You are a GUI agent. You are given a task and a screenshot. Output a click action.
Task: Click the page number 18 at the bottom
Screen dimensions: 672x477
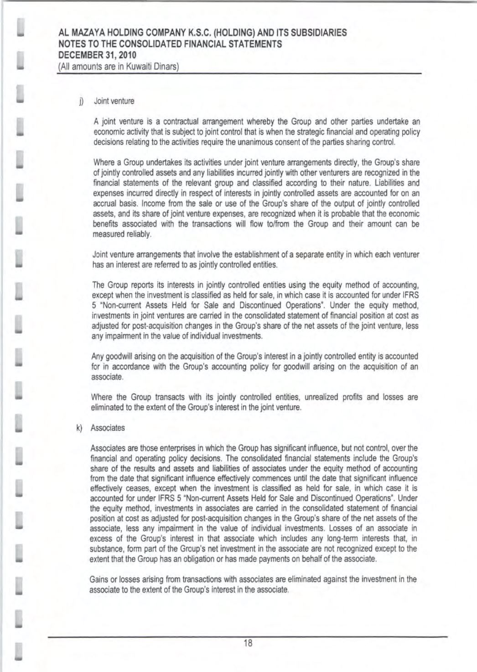click(248, 644)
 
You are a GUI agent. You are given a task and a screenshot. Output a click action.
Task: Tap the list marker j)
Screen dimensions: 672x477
click(80, 101)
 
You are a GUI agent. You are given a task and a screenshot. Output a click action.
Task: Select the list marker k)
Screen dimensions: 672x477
click(79, 428)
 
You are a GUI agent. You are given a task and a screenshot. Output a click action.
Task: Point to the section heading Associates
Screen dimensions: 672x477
click(108, 428)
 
